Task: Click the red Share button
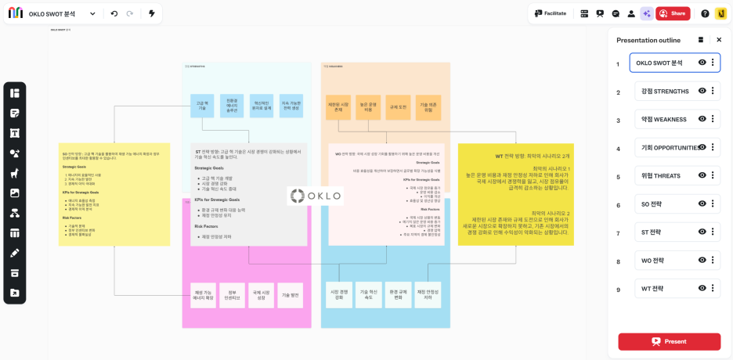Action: point(673,13)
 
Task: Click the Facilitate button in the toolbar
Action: point(551,13)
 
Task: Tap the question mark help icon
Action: point(705,13)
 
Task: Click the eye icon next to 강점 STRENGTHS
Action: point(702,91)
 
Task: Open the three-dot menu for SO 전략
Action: point(713,203)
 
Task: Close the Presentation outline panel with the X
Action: point(719,40)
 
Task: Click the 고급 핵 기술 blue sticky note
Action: point(202,106)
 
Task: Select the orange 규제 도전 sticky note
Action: point(398,107)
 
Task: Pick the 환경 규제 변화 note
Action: point(398,295)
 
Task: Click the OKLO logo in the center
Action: point(315,196)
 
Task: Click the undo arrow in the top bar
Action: point(114,13)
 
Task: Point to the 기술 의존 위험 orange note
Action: point(428,107)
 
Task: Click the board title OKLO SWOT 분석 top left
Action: point(52,14)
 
